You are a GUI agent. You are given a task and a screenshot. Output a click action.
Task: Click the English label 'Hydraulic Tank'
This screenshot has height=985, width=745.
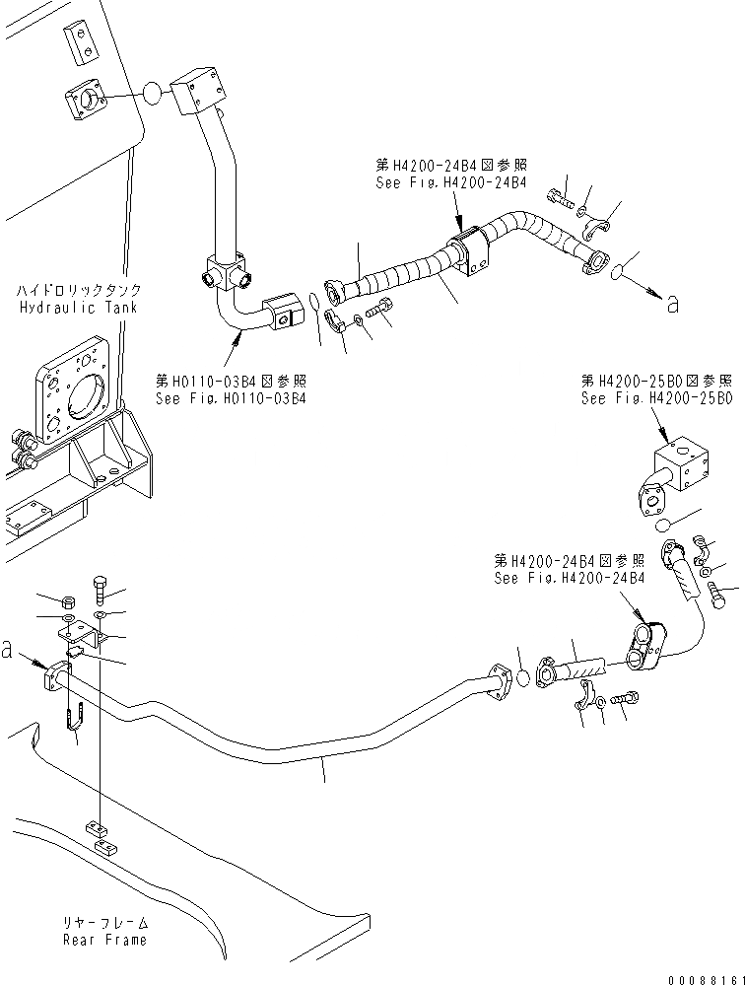click(x=79, y=307)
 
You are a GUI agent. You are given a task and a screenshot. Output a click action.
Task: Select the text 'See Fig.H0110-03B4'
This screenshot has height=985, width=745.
click(x=231, y=398)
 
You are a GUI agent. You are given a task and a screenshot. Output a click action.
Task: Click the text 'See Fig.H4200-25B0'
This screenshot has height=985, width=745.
click(x=656, y=398)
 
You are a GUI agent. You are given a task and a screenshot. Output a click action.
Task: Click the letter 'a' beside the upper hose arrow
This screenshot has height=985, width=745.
click(x=673, y=305)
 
